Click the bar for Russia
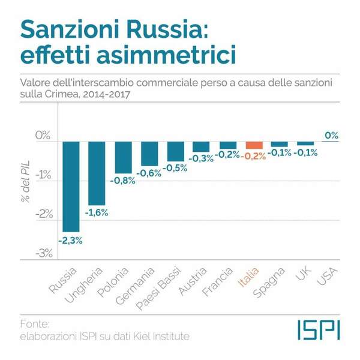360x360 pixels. coord(71,186)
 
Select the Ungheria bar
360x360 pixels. coord(97,173)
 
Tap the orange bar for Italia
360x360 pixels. coord(254,145)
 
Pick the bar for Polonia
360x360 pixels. coord(124,157)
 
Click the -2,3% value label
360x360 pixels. coord(70,240)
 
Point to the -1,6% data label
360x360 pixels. coord(97,213)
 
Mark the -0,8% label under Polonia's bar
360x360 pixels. coord(123,180)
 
